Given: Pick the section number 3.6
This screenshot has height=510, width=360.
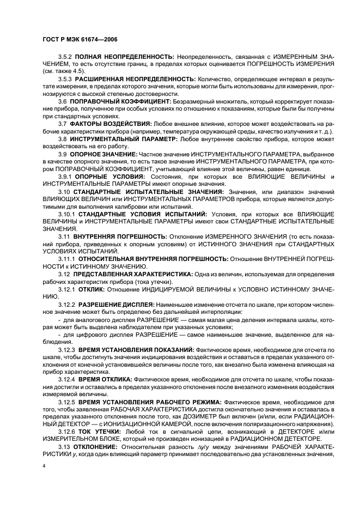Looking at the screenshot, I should pyautogui.click(x=63, y=101).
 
